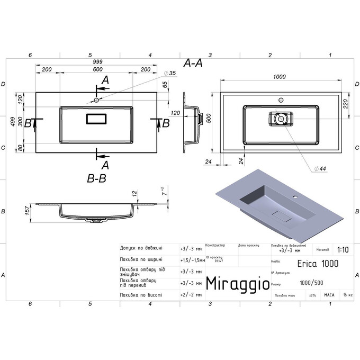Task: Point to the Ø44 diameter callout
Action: point(319,168)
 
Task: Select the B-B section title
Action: point(96,178)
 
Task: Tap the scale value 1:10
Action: point(343,248)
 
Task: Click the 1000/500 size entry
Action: point(312,283)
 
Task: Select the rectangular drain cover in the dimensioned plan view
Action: point(96,119)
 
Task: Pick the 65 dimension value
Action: point(165,85)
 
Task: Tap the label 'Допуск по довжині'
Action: point(141,248)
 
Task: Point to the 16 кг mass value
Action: point(347,295)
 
